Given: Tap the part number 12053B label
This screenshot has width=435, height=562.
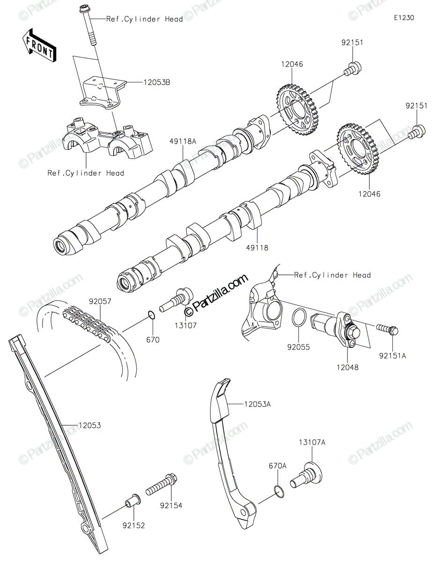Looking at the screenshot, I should (x=144, y=82).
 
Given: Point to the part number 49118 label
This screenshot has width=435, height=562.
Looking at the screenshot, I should (x=256, y=248).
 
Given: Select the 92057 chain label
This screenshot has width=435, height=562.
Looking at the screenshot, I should (x=101, y=302).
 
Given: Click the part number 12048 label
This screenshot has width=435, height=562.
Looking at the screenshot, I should (x=347, y=368).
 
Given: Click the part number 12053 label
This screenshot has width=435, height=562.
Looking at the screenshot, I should (x=89, y=426).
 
